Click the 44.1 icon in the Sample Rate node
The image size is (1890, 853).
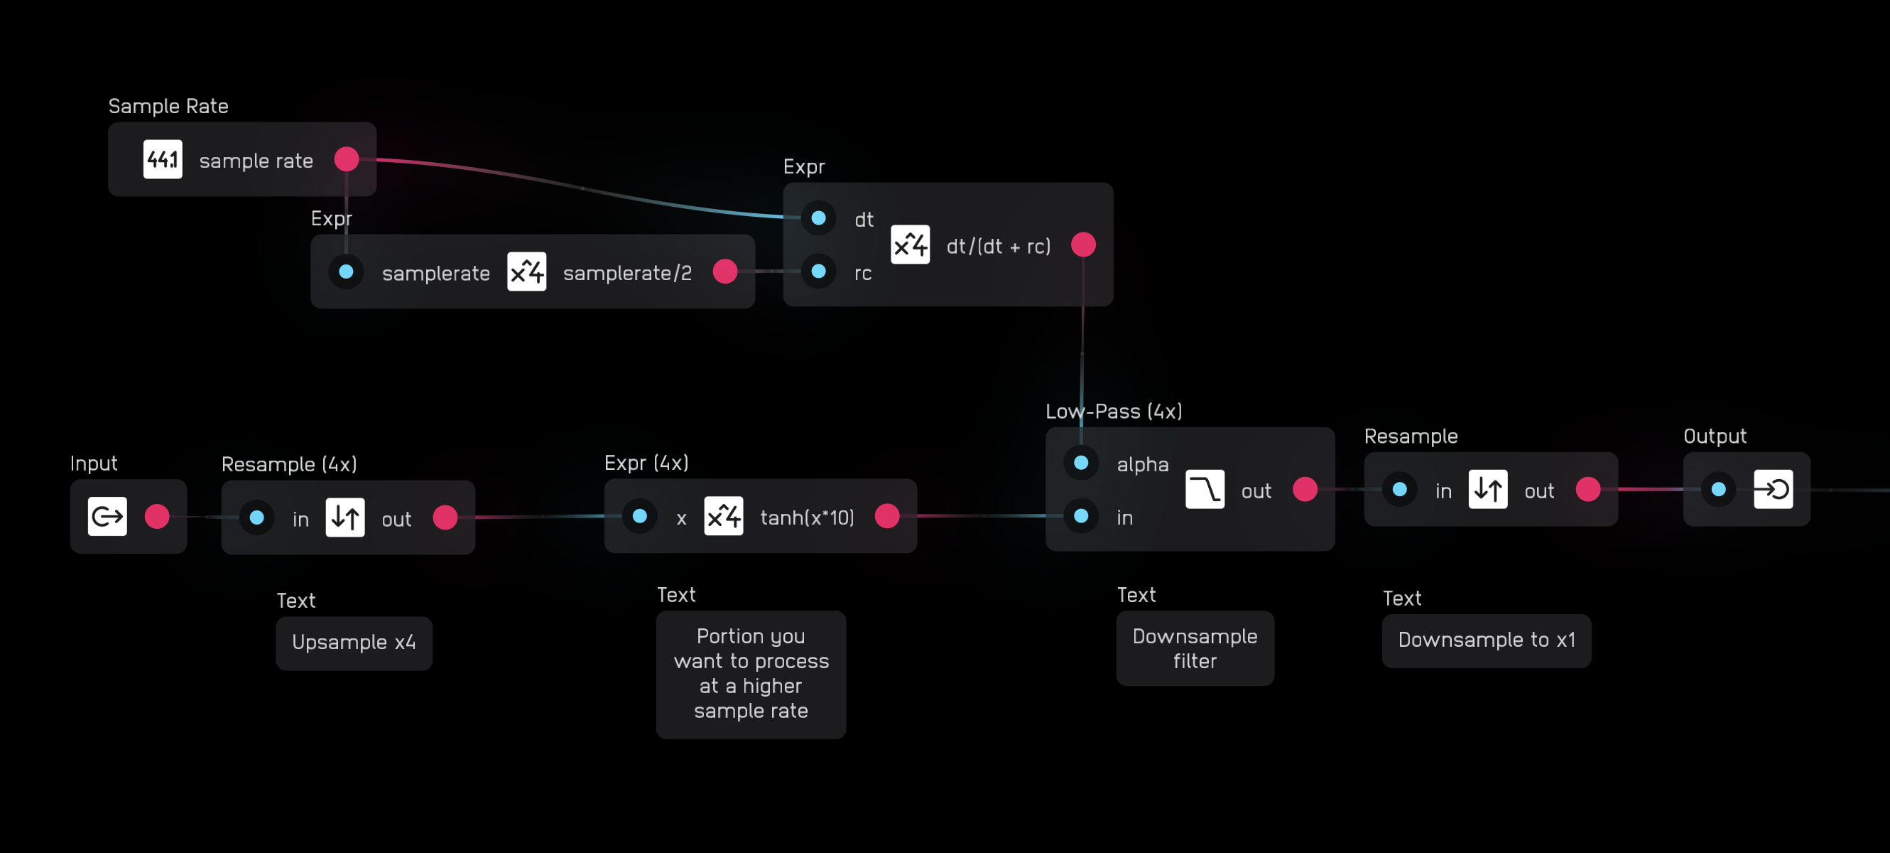162,159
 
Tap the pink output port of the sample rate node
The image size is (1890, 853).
347,159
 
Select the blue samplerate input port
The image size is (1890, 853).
347,272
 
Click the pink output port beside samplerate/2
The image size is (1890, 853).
725,272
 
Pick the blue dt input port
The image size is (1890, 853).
819,218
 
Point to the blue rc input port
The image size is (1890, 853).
819,272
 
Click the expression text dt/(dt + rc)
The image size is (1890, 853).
998,246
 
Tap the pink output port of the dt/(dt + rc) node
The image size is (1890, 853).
1083,245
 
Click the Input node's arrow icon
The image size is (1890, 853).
107,517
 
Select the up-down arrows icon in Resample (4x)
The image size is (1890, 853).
345,517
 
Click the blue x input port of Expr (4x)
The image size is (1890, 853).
640,516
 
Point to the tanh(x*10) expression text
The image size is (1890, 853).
807,517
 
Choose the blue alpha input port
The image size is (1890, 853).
1081,463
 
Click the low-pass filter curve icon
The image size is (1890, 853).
1205,490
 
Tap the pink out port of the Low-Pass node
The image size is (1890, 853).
1305,490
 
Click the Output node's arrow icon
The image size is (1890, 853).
1773,490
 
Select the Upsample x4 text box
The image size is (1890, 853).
354,643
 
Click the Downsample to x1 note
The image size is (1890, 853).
1487,640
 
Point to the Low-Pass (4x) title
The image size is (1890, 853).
1114,411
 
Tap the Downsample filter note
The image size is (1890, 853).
1195,648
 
